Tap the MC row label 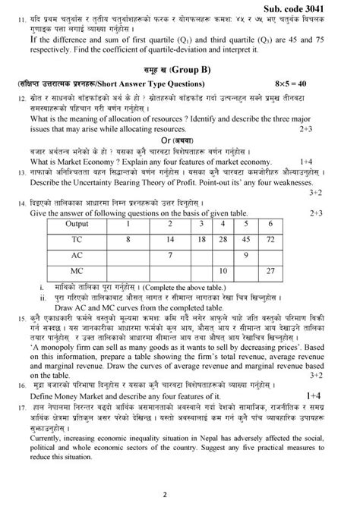76,272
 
